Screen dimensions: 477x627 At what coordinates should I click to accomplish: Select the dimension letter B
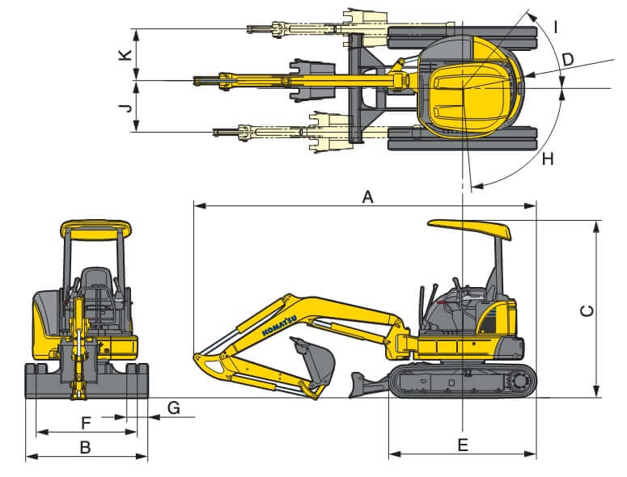pos(85,446)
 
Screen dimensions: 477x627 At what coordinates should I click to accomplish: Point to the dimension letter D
pos(567,59)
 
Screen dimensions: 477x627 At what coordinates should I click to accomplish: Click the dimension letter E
pos(462,445)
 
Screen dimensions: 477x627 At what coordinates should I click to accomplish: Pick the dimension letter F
pos(85,421)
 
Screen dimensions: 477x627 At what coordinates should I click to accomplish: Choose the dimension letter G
pos(173,407)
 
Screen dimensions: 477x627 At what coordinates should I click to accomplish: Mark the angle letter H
pos(548,159)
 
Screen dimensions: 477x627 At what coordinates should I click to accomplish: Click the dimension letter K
pos(124,55)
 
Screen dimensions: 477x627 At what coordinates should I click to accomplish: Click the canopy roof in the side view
pos(470,229)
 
